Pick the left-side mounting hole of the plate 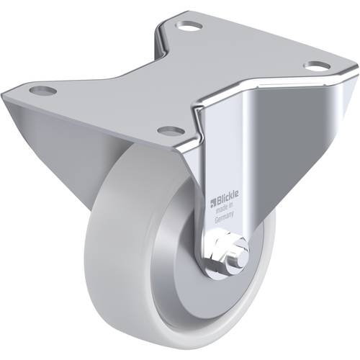click(x=43, y=91)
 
